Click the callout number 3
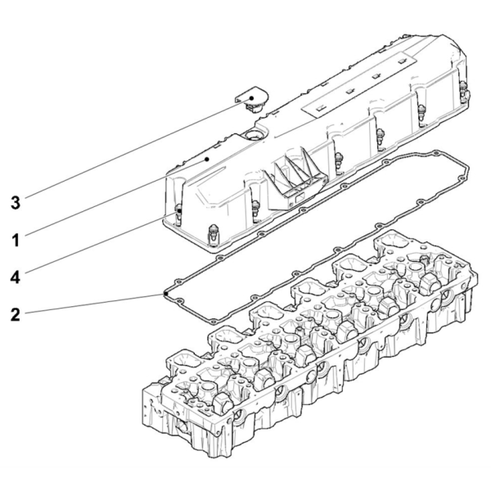16,203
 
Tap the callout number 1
16,240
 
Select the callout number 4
16,277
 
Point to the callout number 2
16,314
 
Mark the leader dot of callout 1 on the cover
207,160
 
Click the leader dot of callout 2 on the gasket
165,294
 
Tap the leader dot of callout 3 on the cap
251,98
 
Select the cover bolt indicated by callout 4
178,214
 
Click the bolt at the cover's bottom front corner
213,235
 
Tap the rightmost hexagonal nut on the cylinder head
431,283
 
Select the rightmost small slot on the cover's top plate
402,61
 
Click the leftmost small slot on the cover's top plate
320,108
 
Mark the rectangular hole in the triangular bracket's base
300,197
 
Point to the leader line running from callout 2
95,303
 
